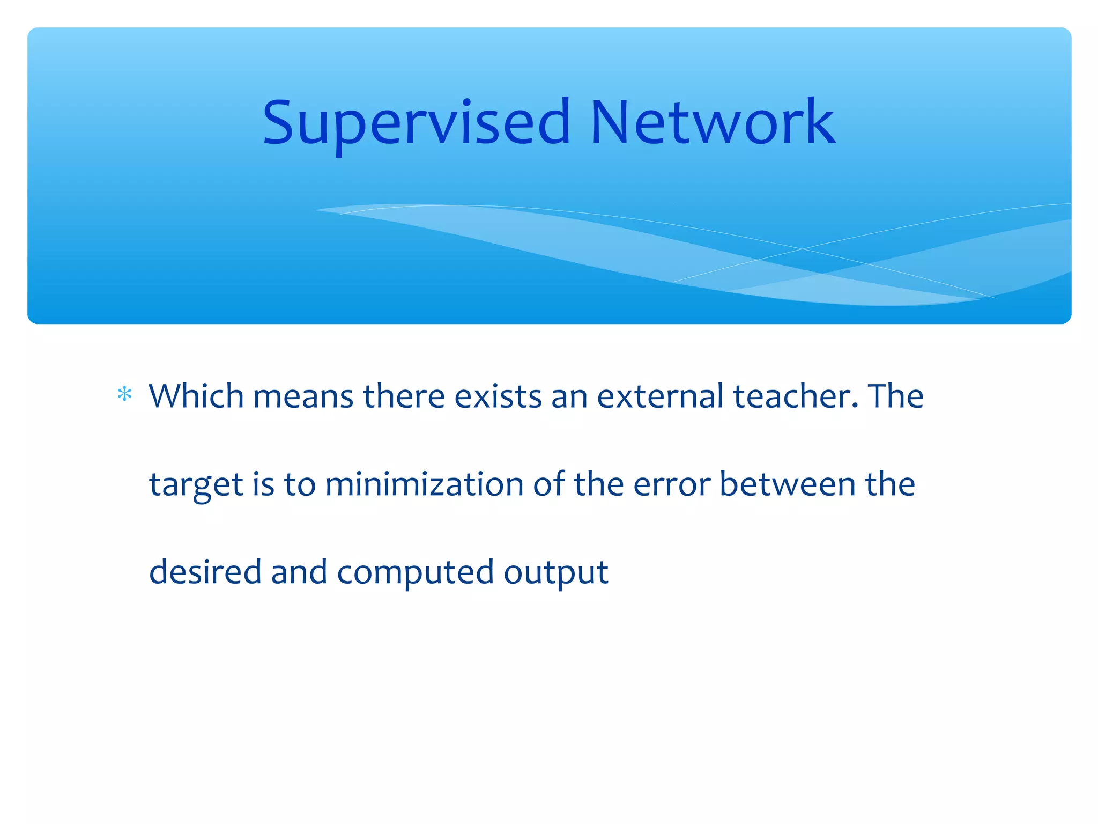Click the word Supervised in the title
click(416, 123)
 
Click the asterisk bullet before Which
click(124, 395)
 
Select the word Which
click(196, 396)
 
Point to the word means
click(302, 397)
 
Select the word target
click(196, 485)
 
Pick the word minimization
click(424, 484)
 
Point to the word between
click(787, 484)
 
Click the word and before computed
click(299, 572)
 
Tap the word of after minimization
click(548, 484)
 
